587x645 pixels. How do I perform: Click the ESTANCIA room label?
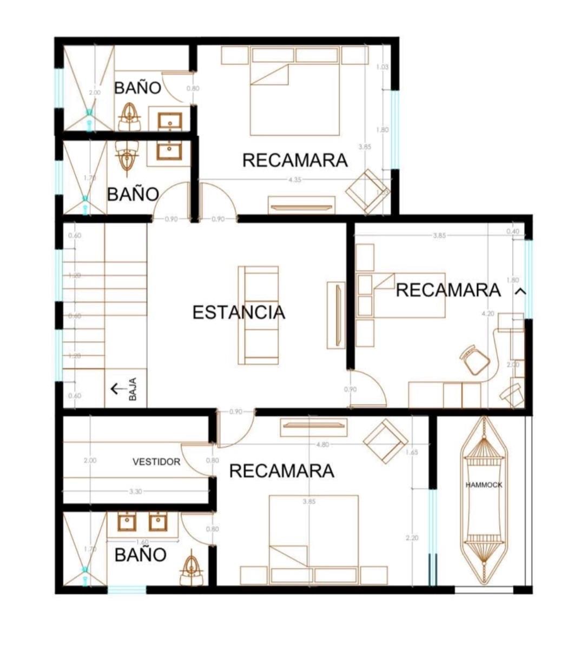point(239,312)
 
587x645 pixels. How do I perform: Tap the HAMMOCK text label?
point(484,485)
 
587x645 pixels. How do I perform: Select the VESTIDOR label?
point(156,462)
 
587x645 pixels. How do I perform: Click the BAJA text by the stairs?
point(133,389)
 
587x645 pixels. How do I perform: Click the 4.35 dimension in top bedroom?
point(295,179)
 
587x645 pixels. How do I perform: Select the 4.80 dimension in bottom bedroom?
point(322,444)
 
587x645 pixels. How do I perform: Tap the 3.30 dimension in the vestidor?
point(136,491)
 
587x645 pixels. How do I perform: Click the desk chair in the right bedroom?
point(475,360)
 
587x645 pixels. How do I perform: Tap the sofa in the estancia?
point(259,315)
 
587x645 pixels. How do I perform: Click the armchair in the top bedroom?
point(366,191)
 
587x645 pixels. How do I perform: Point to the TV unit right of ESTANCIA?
point(336,315)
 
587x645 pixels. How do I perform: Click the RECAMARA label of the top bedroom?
point(295,161)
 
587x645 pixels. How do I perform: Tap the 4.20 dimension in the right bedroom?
point(487,313)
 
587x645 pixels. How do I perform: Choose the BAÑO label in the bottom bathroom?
point(140,555)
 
